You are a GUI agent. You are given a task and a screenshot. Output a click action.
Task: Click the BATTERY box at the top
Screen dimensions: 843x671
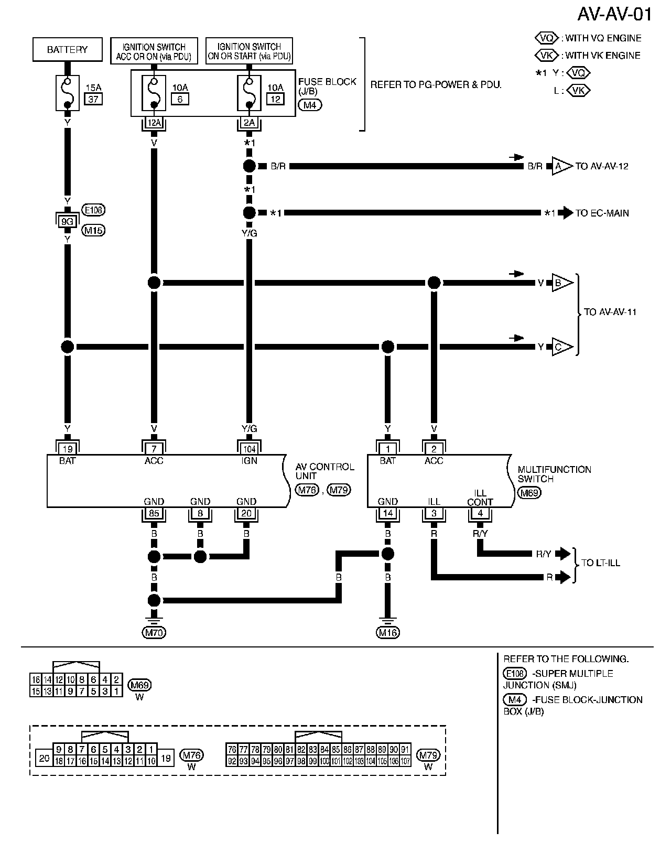(x=67, y=50)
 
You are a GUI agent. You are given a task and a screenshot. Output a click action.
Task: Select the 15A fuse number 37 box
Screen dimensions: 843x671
(x=93, y=99)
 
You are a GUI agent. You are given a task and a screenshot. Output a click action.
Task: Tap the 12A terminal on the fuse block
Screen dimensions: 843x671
(x=154, y=123)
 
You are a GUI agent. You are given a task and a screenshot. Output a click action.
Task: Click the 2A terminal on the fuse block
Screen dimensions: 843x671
(x=249, y=123)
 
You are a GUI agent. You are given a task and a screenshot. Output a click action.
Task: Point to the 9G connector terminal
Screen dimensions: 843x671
(x=67, y=221)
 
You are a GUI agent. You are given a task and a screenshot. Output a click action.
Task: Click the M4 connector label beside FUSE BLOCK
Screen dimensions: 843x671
(x=309, y=105)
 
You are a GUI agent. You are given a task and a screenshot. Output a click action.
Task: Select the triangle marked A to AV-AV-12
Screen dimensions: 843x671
(x=559, y=166)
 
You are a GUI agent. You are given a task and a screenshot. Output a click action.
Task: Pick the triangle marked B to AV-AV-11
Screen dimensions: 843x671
(x=559, y=283)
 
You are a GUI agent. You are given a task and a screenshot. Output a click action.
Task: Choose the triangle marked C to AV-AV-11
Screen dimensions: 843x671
(x=559, y=347)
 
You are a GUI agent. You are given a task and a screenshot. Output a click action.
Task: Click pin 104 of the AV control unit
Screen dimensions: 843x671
(x=249, y=449)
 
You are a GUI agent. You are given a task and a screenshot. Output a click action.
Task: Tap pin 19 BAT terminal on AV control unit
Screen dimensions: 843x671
(x=67, y=449)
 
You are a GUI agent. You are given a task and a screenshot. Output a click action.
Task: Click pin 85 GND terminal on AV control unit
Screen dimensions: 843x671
(x=154, y=514)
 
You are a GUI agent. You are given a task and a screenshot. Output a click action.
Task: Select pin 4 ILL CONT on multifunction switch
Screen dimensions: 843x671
(x=480, y=514)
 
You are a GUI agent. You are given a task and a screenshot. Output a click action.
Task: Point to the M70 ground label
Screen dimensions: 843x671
(x=154, y=633)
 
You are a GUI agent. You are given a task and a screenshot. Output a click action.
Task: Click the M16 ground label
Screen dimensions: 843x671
(x=387, y=633)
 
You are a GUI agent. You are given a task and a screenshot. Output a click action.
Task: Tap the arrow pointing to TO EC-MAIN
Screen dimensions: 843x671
(x=566, y=213)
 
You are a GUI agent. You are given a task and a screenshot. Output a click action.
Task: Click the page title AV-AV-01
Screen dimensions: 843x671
(x=614, y=15)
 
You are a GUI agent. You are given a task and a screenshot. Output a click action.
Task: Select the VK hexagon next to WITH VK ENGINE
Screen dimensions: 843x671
(x=546, y=56)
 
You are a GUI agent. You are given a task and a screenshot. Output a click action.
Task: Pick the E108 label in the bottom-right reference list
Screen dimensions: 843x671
(x=514, y=674)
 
